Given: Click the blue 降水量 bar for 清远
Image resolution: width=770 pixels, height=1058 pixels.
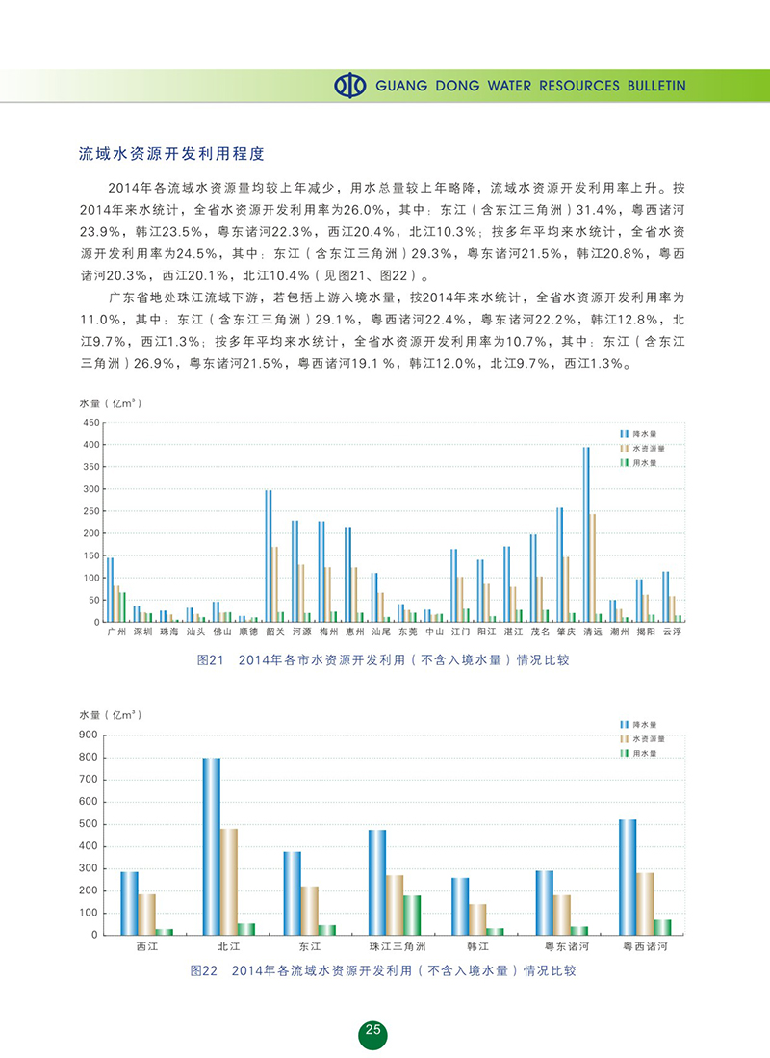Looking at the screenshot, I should pyautogui.click(x=586, y=534).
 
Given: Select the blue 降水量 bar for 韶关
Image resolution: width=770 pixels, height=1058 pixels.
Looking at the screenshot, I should pyautogui.click(x=269, y=555).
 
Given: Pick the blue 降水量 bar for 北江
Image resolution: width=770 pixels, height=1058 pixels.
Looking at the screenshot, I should pyautogui.click(x=211, y=846).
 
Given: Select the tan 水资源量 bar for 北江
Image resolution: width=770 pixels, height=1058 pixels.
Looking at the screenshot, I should pyautogui.click(x=229, y=881).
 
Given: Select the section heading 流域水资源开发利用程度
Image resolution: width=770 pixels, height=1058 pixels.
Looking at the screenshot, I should pyautogui.click(x=171, y=153).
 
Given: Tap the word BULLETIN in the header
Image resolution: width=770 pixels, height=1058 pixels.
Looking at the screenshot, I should pyautogui.click(x=653, y=86).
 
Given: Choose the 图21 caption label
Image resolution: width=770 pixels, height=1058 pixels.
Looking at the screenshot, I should pyautogui.click(x=210, y=660).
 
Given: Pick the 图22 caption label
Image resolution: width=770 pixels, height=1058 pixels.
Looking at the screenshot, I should pyautogui.click(x=210, y=970).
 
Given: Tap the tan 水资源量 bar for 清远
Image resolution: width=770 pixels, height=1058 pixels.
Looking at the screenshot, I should pyautogui.click(x=593, y=567).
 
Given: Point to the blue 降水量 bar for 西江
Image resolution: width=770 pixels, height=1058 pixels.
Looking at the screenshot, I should pyautogui.click(x=129, y=903).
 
